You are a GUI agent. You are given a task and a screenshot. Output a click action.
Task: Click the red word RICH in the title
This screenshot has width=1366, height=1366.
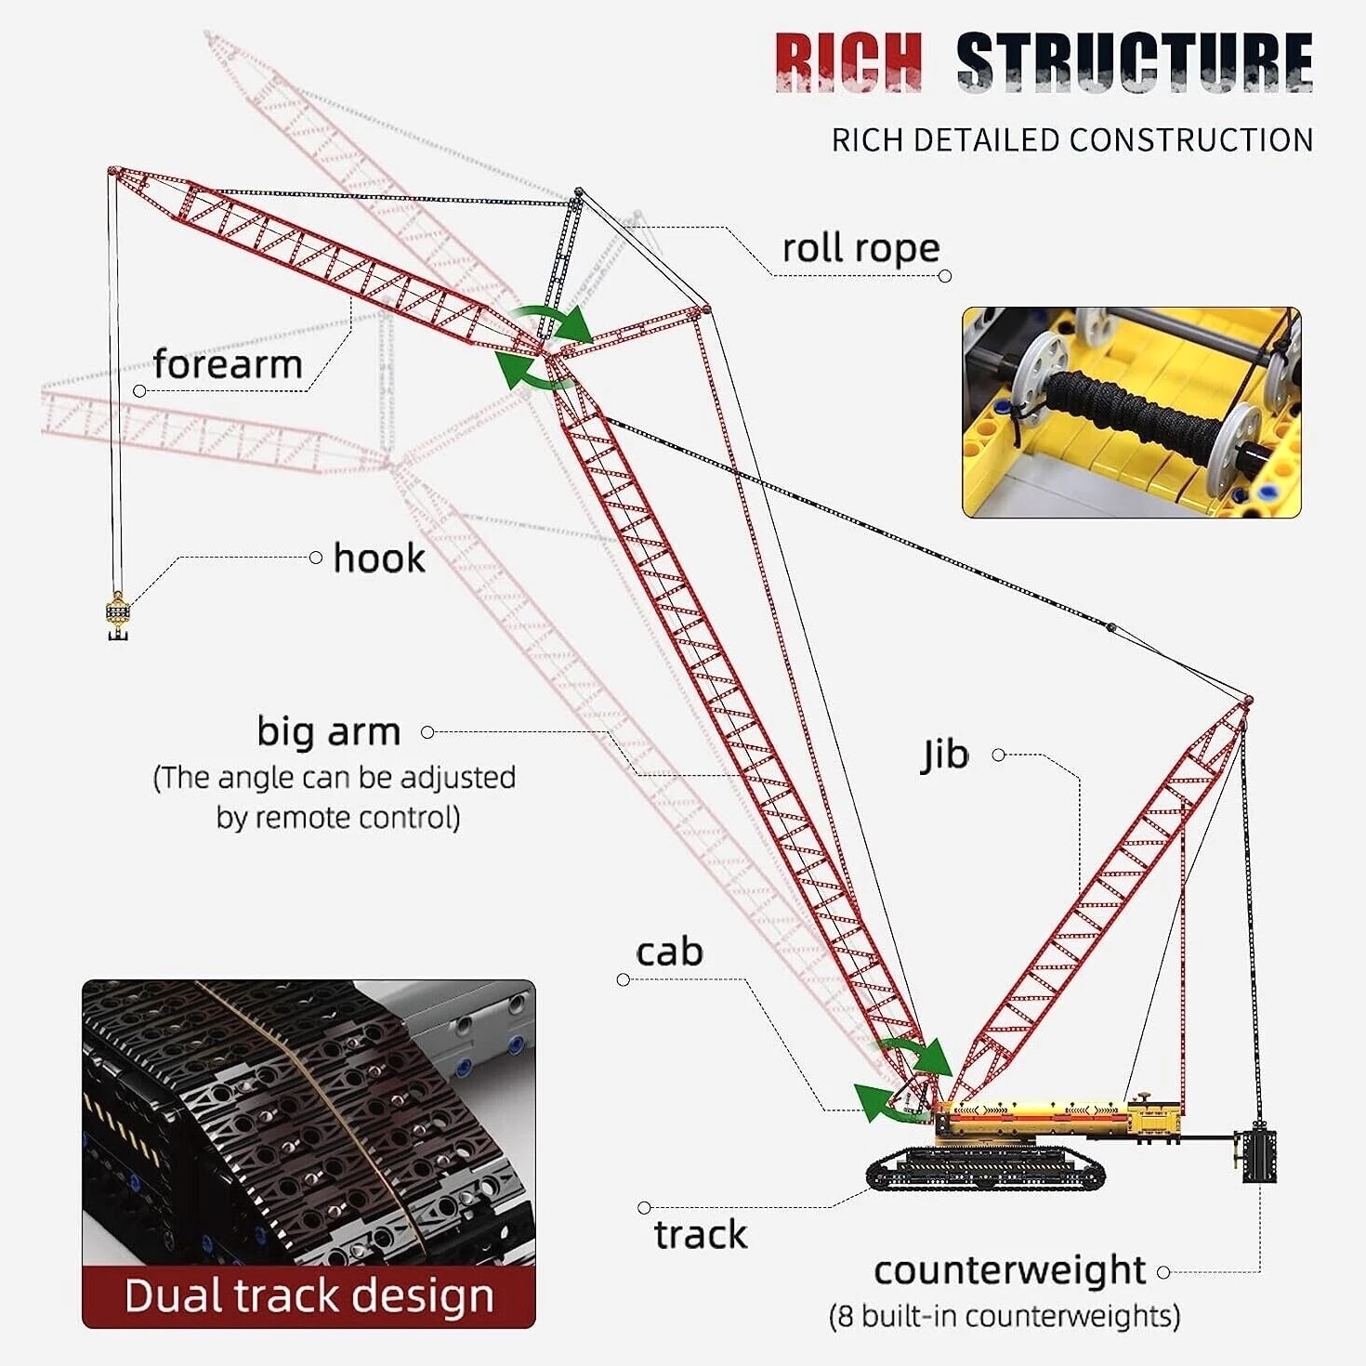(x=848, y=62)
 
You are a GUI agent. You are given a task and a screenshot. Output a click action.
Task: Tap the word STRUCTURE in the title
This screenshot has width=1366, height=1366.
(x=1134, y=62)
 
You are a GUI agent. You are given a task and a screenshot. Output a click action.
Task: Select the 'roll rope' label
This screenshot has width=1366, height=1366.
(x=860, y=249)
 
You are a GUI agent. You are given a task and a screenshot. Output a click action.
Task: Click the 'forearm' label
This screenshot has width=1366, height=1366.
(x=228, y=364)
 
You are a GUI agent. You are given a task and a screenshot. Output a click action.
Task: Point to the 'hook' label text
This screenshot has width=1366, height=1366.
(x=379, y=558)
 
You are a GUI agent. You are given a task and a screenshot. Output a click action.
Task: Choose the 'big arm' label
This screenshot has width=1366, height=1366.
(x=329, y=731)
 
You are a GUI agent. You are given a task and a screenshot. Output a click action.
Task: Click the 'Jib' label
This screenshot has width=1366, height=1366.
(x=945, y=755)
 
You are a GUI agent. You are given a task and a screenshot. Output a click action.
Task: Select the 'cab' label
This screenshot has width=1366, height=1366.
(x=669, y=952)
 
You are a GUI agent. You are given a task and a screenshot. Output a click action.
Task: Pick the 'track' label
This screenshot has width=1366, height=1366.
(x=701, y=1235)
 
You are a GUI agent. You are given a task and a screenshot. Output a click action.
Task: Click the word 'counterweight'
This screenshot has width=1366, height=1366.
(x=1009, y=1270)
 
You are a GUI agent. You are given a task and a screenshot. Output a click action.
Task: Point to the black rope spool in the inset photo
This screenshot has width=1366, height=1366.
(x=1134, y=414)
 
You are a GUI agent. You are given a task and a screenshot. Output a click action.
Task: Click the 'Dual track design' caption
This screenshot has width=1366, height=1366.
(x=309, y=1296)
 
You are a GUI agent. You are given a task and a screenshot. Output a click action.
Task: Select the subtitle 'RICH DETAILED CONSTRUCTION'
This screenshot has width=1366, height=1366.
(x=1072, y=140)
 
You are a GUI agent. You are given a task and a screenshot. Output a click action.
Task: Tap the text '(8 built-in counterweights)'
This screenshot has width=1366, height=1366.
(x=1004, y=1316)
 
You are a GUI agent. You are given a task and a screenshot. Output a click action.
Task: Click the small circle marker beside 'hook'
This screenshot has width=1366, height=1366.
(x=315, y=558)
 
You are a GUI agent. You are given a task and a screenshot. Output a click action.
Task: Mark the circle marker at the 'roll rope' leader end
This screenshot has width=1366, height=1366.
(x=945, y=276)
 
